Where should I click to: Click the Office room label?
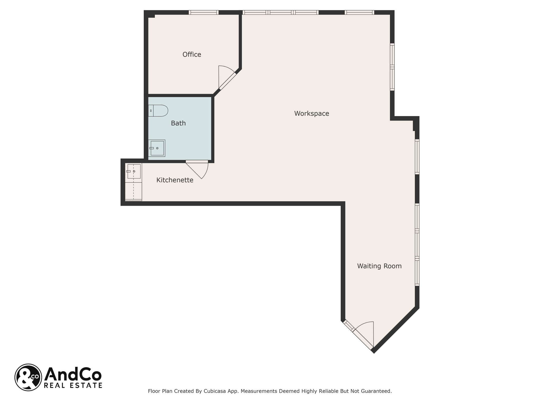(192, 55)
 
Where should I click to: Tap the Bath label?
(178, 123)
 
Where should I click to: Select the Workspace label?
(312, 114)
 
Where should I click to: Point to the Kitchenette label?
(175, 180)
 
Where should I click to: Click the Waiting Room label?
(379, 266)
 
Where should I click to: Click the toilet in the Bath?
(158, 111)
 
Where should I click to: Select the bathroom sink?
(157, 148)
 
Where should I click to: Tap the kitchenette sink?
(134, 171)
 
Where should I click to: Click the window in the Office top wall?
(204, 12)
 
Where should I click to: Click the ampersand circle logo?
(28, 377)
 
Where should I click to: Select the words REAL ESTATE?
(73, 385)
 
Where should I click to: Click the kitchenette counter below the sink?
(134, 190)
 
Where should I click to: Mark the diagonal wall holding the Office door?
(227, 81)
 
